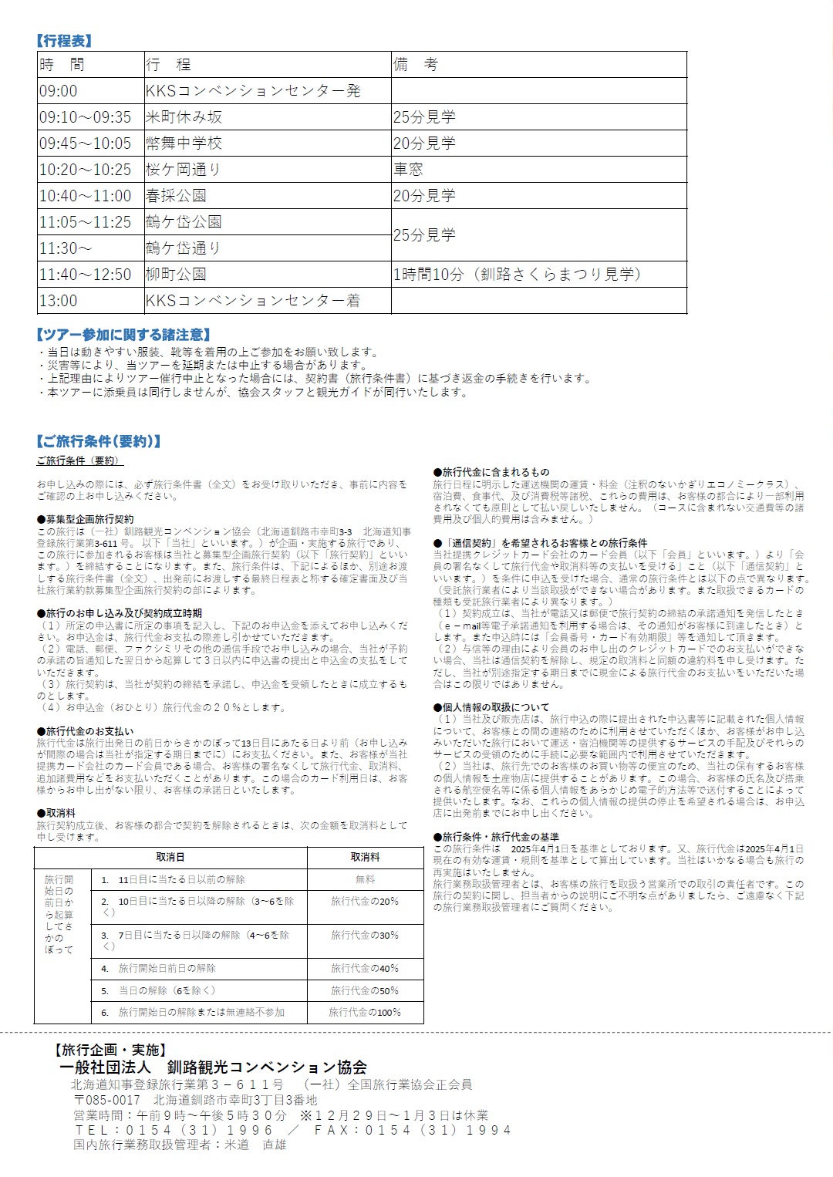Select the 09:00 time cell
59,91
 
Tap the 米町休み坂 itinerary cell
184,117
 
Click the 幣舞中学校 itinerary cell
184,143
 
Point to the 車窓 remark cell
408,170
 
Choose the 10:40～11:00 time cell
85,196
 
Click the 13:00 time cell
59,301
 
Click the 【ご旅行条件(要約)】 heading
99,442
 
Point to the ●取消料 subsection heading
56,813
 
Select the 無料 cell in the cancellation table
365,879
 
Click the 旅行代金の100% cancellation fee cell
365,1012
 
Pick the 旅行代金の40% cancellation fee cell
365,968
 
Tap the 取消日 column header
170,857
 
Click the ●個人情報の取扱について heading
491,707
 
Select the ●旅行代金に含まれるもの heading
491,472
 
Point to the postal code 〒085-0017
107,1100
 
